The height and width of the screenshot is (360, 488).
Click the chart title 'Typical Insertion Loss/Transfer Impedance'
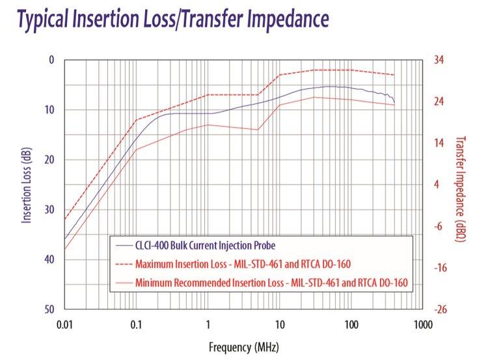click(x=172, y=20)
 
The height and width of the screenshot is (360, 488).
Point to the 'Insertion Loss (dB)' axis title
click(x=27, y=184)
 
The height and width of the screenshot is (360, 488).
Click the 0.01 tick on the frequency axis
click(x=65, y=324)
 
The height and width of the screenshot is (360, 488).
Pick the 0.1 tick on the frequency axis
click(x=136, y=324)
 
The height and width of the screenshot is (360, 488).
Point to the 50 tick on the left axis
click(x=49, y=310)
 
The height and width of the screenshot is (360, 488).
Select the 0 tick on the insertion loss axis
click(x=52, y=60)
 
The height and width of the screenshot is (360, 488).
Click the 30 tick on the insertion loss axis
click(x=49, y=210)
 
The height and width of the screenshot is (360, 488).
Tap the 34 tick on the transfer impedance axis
click(x=439, y=60)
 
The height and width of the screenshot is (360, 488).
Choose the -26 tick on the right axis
click(x=440, y=310)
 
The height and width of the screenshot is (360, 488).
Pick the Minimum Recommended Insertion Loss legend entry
click(x=274, y=283)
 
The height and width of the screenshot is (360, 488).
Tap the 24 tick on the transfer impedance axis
click(x=439, y=102)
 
